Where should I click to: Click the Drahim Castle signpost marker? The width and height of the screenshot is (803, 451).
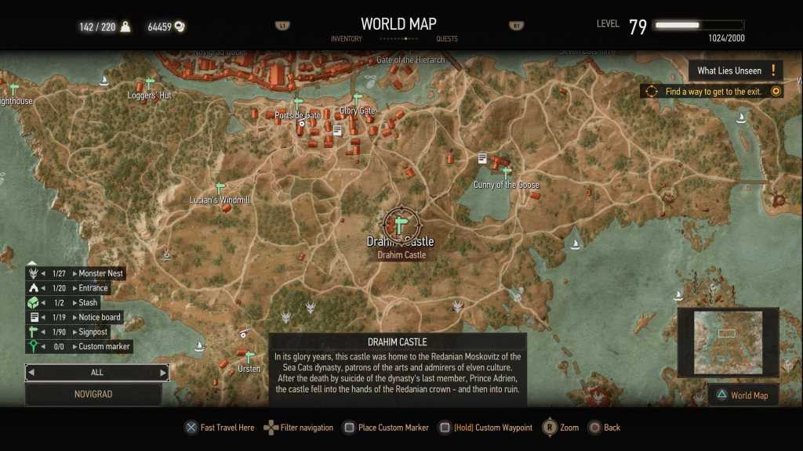point(400,225)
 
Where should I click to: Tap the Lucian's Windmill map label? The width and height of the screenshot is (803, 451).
point(220,200)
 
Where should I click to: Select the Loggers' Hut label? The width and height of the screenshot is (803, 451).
point(149,96)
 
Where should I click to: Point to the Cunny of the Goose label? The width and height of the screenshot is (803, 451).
point(506,185)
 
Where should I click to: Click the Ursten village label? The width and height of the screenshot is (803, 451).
point(249,369)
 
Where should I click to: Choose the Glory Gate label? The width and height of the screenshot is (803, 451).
point(358,110)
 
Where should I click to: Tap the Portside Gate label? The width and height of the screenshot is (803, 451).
point(297,116)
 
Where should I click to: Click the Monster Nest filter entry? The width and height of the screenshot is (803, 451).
point(101,273)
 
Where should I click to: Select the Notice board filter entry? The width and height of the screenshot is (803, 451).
point(100,317)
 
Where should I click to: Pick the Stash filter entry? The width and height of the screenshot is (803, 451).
point(88,302)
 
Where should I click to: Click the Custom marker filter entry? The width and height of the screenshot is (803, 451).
point(104,346)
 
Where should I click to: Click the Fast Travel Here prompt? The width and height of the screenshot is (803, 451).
point(227,428)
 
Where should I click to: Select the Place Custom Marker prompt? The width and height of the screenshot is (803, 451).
point(393,428)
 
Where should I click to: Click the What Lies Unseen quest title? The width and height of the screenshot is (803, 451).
point(729,70)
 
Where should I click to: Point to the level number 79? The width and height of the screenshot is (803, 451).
point(638,27)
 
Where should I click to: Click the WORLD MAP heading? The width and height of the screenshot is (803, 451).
point(398,24)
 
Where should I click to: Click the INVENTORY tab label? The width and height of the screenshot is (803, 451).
point(346,39)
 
